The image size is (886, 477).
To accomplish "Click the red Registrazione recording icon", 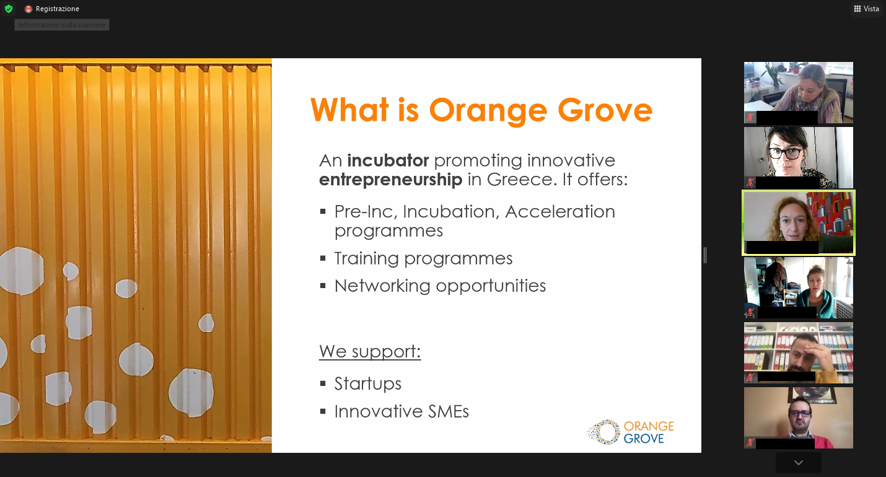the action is [x=28, y=9].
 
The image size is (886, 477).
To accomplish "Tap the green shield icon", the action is [x=8, y=8].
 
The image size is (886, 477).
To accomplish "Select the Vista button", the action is [x=866, y=9].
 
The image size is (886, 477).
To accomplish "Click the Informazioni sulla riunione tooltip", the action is [x=62, y=25].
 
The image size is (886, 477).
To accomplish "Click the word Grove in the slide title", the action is [x=605, y=110].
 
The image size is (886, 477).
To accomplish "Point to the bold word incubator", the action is [x=388, y=160].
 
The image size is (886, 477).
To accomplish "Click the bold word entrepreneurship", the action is [x=390, y=180].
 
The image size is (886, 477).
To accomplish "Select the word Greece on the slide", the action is [x=521, y=179].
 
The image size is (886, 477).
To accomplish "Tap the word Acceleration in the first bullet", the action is [x=560, y=211].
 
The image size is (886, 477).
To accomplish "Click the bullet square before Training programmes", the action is [x=323, y=258].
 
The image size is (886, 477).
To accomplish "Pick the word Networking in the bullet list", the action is [x=382, y=286].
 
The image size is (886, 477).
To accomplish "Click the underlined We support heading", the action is [x=370, y=351].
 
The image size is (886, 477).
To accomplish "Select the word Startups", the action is [x=368, y=383].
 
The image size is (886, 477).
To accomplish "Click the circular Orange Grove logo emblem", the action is [x=603, y=432].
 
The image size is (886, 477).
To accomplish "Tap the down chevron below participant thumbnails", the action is [x=799, y=462].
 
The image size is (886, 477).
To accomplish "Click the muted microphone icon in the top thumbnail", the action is [x=750, y=117].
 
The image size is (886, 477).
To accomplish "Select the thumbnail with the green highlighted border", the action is [x=799, y=222].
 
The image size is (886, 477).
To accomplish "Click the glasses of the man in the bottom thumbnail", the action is [x=799, y=413].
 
